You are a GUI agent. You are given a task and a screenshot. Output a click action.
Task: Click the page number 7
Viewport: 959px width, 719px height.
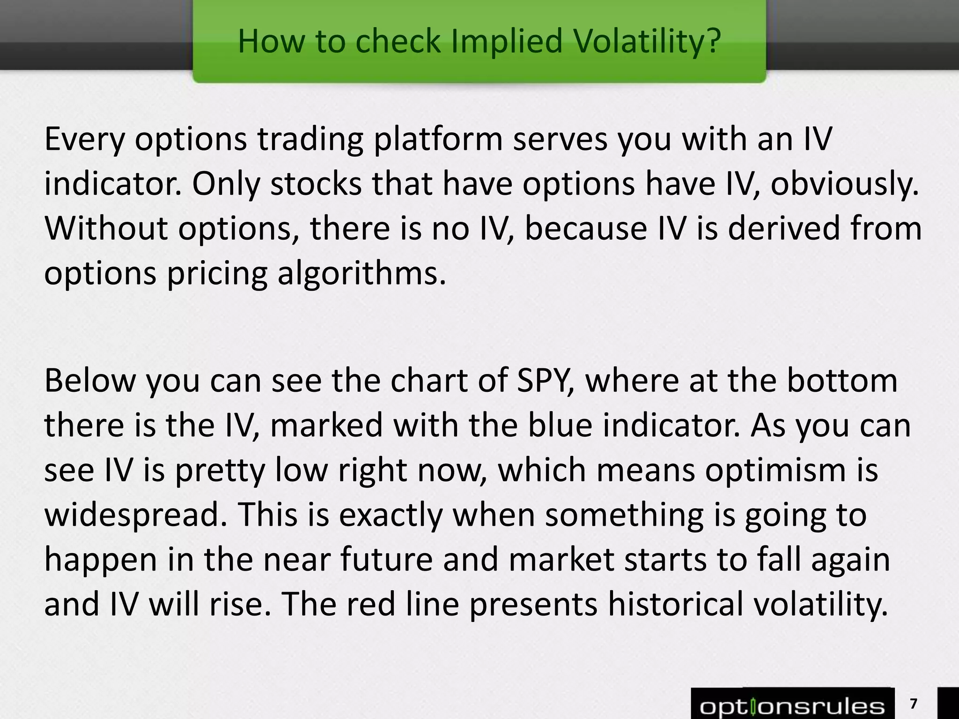pyautogui.click(x=913, y=704)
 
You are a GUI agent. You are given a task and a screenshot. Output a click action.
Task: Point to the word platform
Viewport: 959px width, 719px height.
pyautogui.click(x=438, y=140)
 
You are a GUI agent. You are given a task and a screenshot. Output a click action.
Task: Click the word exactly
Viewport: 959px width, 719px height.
pyautogui.click(x=391, y=514)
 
